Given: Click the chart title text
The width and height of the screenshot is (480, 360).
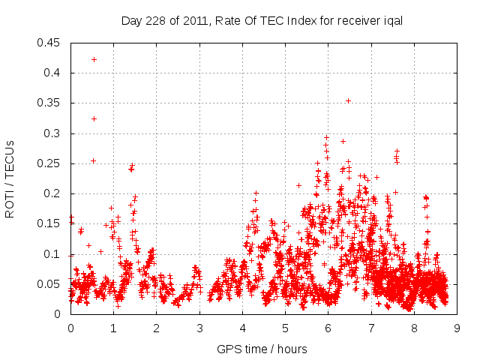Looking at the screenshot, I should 262,21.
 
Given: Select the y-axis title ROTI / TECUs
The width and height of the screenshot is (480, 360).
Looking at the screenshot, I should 10,178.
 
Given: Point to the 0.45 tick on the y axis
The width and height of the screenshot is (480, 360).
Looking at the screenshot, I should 51,43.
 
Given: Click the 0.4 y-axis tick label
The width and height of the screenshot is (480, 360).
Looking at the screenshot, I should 54,73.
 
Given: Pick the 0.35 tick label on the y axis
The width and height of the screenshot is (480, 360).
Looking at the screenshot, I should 51,103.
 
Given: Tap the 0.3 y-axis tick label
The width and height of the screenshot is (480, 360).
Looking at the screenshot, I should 54,133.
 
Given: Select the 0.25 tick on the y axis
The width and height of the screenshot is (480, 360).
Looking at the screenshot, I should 51,163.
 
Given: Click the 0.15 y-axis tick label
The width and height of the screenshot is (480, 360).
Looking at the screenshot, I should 51,224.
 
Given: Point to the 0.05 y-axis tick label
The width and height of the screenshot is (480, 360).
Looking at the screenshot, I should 51,284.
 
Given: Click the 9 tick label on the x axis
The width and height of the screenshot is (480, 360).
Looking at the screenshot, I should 457,328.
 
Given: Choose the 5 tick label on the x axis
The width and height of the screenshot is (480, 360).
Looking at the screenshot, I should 285,328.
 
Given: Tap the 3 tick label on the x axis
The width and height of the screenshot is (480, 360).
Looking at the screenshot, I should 199,328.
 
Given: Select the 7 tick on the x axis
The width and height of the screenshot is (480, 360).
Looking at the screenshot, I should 371,328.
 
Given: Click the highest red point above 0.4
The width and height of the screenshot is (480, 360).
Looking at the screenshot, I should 94,59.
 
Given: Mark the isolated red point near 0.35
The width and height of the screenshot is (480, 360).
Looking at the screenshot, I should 348,100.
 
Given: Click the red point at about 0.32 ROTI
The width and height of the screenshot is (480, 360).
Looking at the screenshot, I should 94,118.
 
